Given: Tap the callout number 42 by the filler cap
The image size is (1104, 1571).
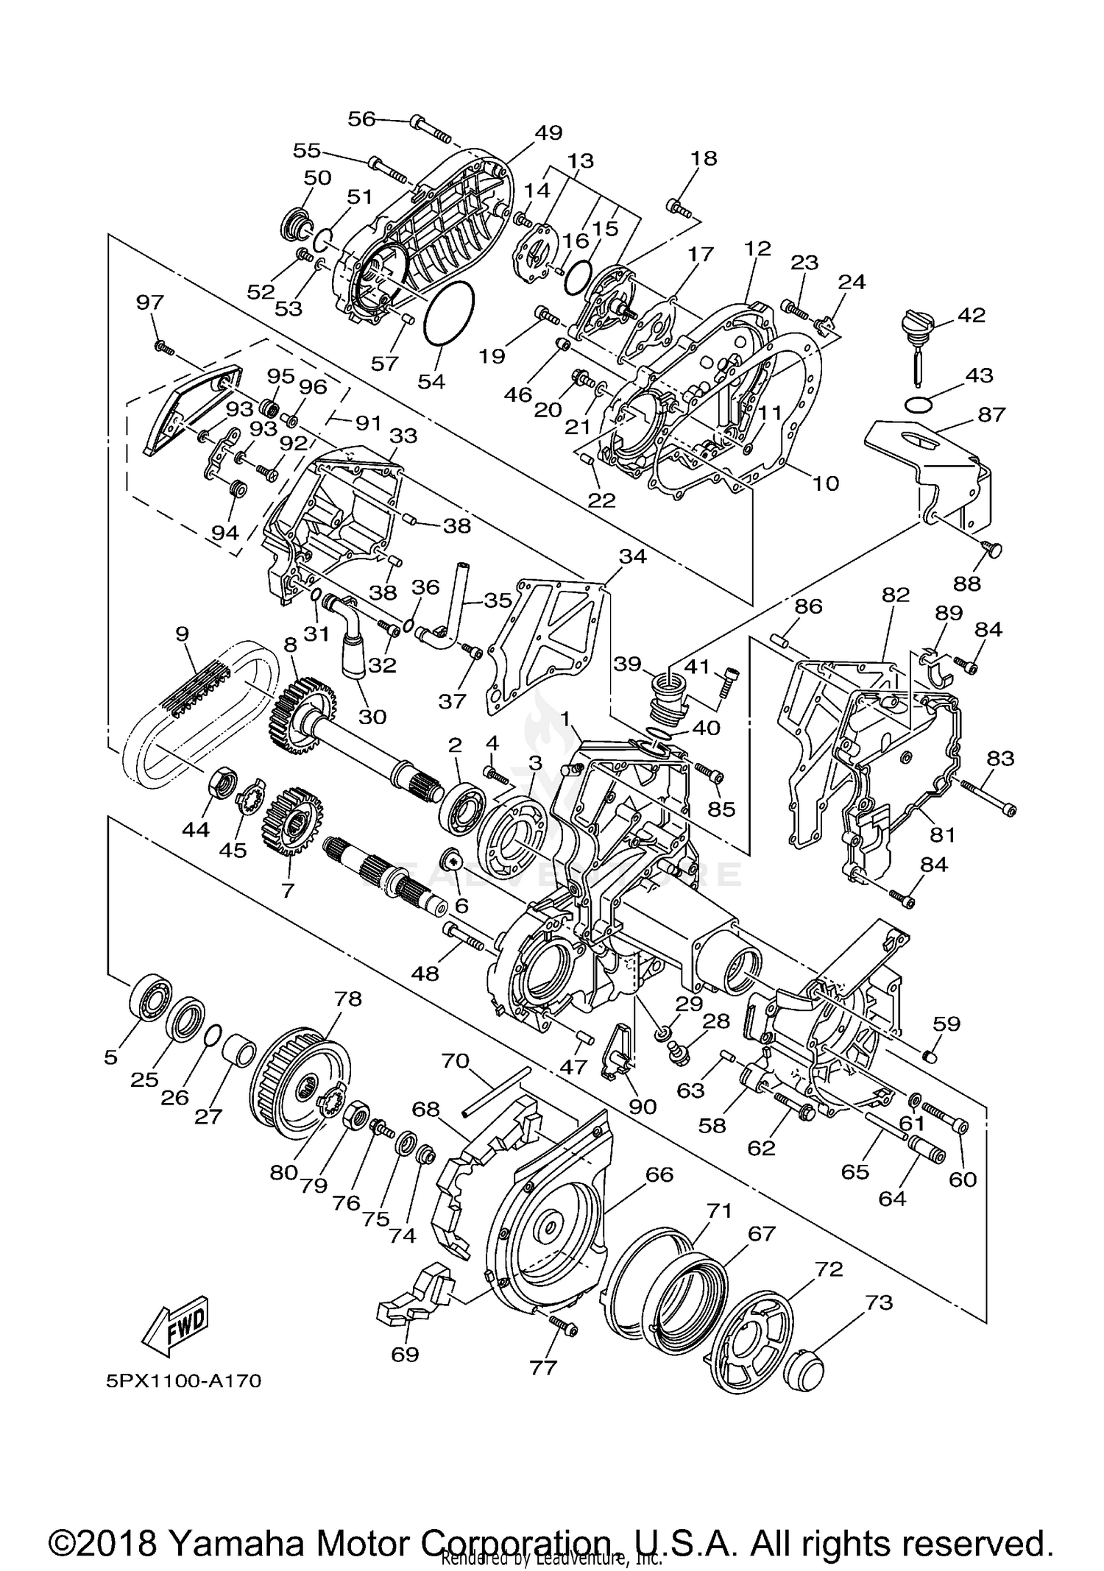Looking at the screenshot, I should pos(971,315).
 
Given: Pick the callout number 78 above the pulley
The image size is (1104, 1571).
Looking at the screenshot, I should pos(347,999).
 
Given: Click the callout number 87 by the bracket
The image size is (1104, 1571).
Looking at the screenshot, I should pos(991,414).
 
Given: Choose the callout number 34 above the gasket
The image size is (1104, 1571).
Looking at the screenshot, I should pos(632,556).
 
